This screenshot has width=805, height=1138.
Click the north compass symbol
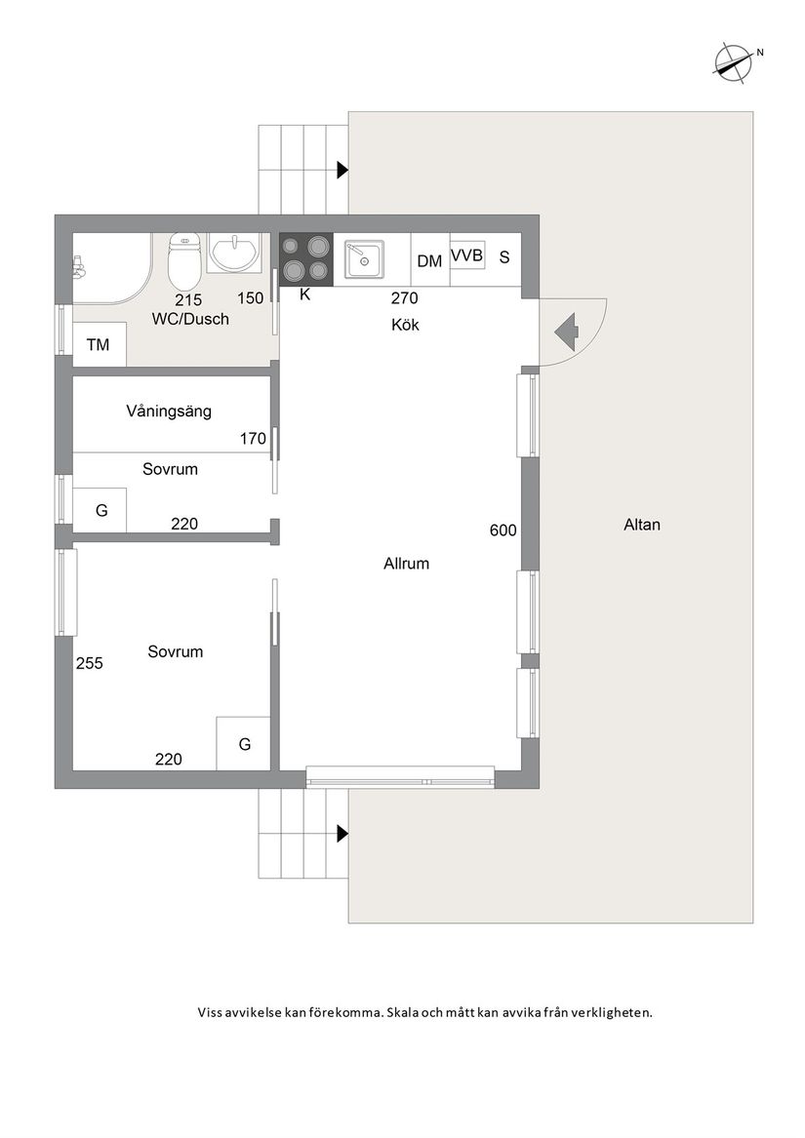[733, 61]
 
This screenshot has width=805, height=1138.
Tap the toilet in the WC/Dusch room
[184, 262]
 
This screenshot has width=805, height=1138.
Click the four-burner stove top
[306, 258]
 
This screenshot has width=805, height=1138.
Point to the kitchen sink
[364, 259]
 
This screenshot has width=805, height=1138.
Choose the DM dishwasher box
[430, 259]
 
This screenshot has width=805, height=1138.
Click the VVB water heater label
[467, 255]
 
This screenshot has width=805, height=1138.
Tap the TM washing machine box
[100, 344]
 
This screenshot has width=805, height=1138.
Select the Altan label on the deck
[641, 525]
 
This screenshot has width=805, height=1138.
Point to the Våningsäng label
[169, 412]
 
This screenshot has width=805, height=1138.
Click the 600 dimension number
[503, 530]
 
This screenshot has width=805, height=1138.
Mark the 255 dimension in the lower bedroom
[90, 663]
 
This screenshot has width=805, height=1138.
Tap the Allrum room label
[406, 564]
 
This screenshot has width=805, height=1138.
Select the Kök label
[405, 325]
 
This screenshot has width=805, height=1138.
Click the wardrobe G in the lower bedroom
[243, 744]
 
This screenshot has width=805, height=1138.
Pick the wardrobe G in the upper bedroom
[101, 510]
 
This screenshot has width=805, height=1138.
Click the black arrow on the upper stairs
[342, 171]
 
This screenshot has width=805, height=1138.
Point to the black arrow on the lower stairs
[342, 834]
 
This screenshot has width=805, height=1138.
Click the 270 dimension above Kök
[405, 297]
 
